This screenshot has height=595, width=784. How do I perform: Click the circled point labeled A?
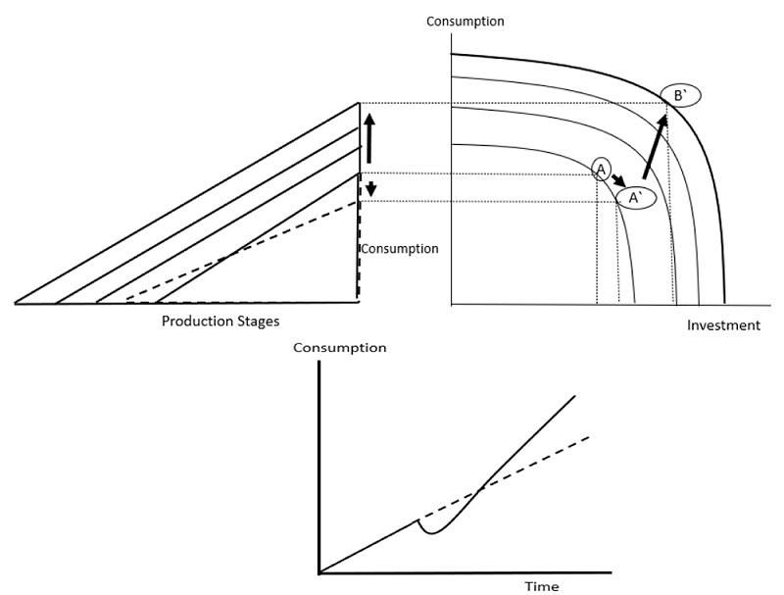point(601,169)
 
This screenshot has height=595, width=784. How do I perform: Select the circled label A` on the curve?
point(634,198)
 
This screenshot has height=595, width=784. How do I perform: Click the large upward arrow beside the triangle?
point(369,137)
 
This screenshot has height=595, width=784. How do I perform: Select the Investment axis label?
point(723,325)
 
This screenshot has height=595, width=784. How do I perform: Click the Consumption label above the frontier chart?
point(464,21)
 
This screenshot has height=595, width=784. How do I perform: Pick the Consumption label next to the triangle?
point(400,249)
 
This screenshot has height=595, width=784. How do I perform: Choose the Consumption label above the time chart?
point(340,348)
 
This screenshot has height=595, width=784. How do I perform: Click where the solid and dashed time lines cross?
point(479,489)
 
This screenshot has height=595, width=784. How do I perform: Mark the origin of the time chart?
point(319,571)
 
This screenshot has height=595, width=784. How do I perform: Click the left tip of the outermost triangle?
point(17,303)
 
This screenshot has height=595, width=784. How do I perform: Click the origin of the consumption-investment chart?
point(451,303)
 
